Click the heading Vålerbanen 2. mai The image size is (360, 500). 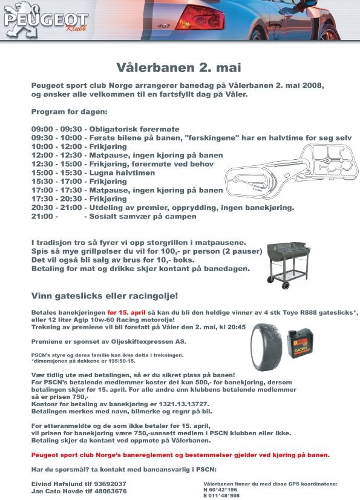pyautogui.click(x=179, y=67)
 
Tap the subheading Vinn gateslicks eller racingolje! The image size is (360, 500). pyautogui.click(x=105, y=296)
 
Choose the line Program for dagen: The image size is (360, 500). pyautogui.click(x=70, y=113)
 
